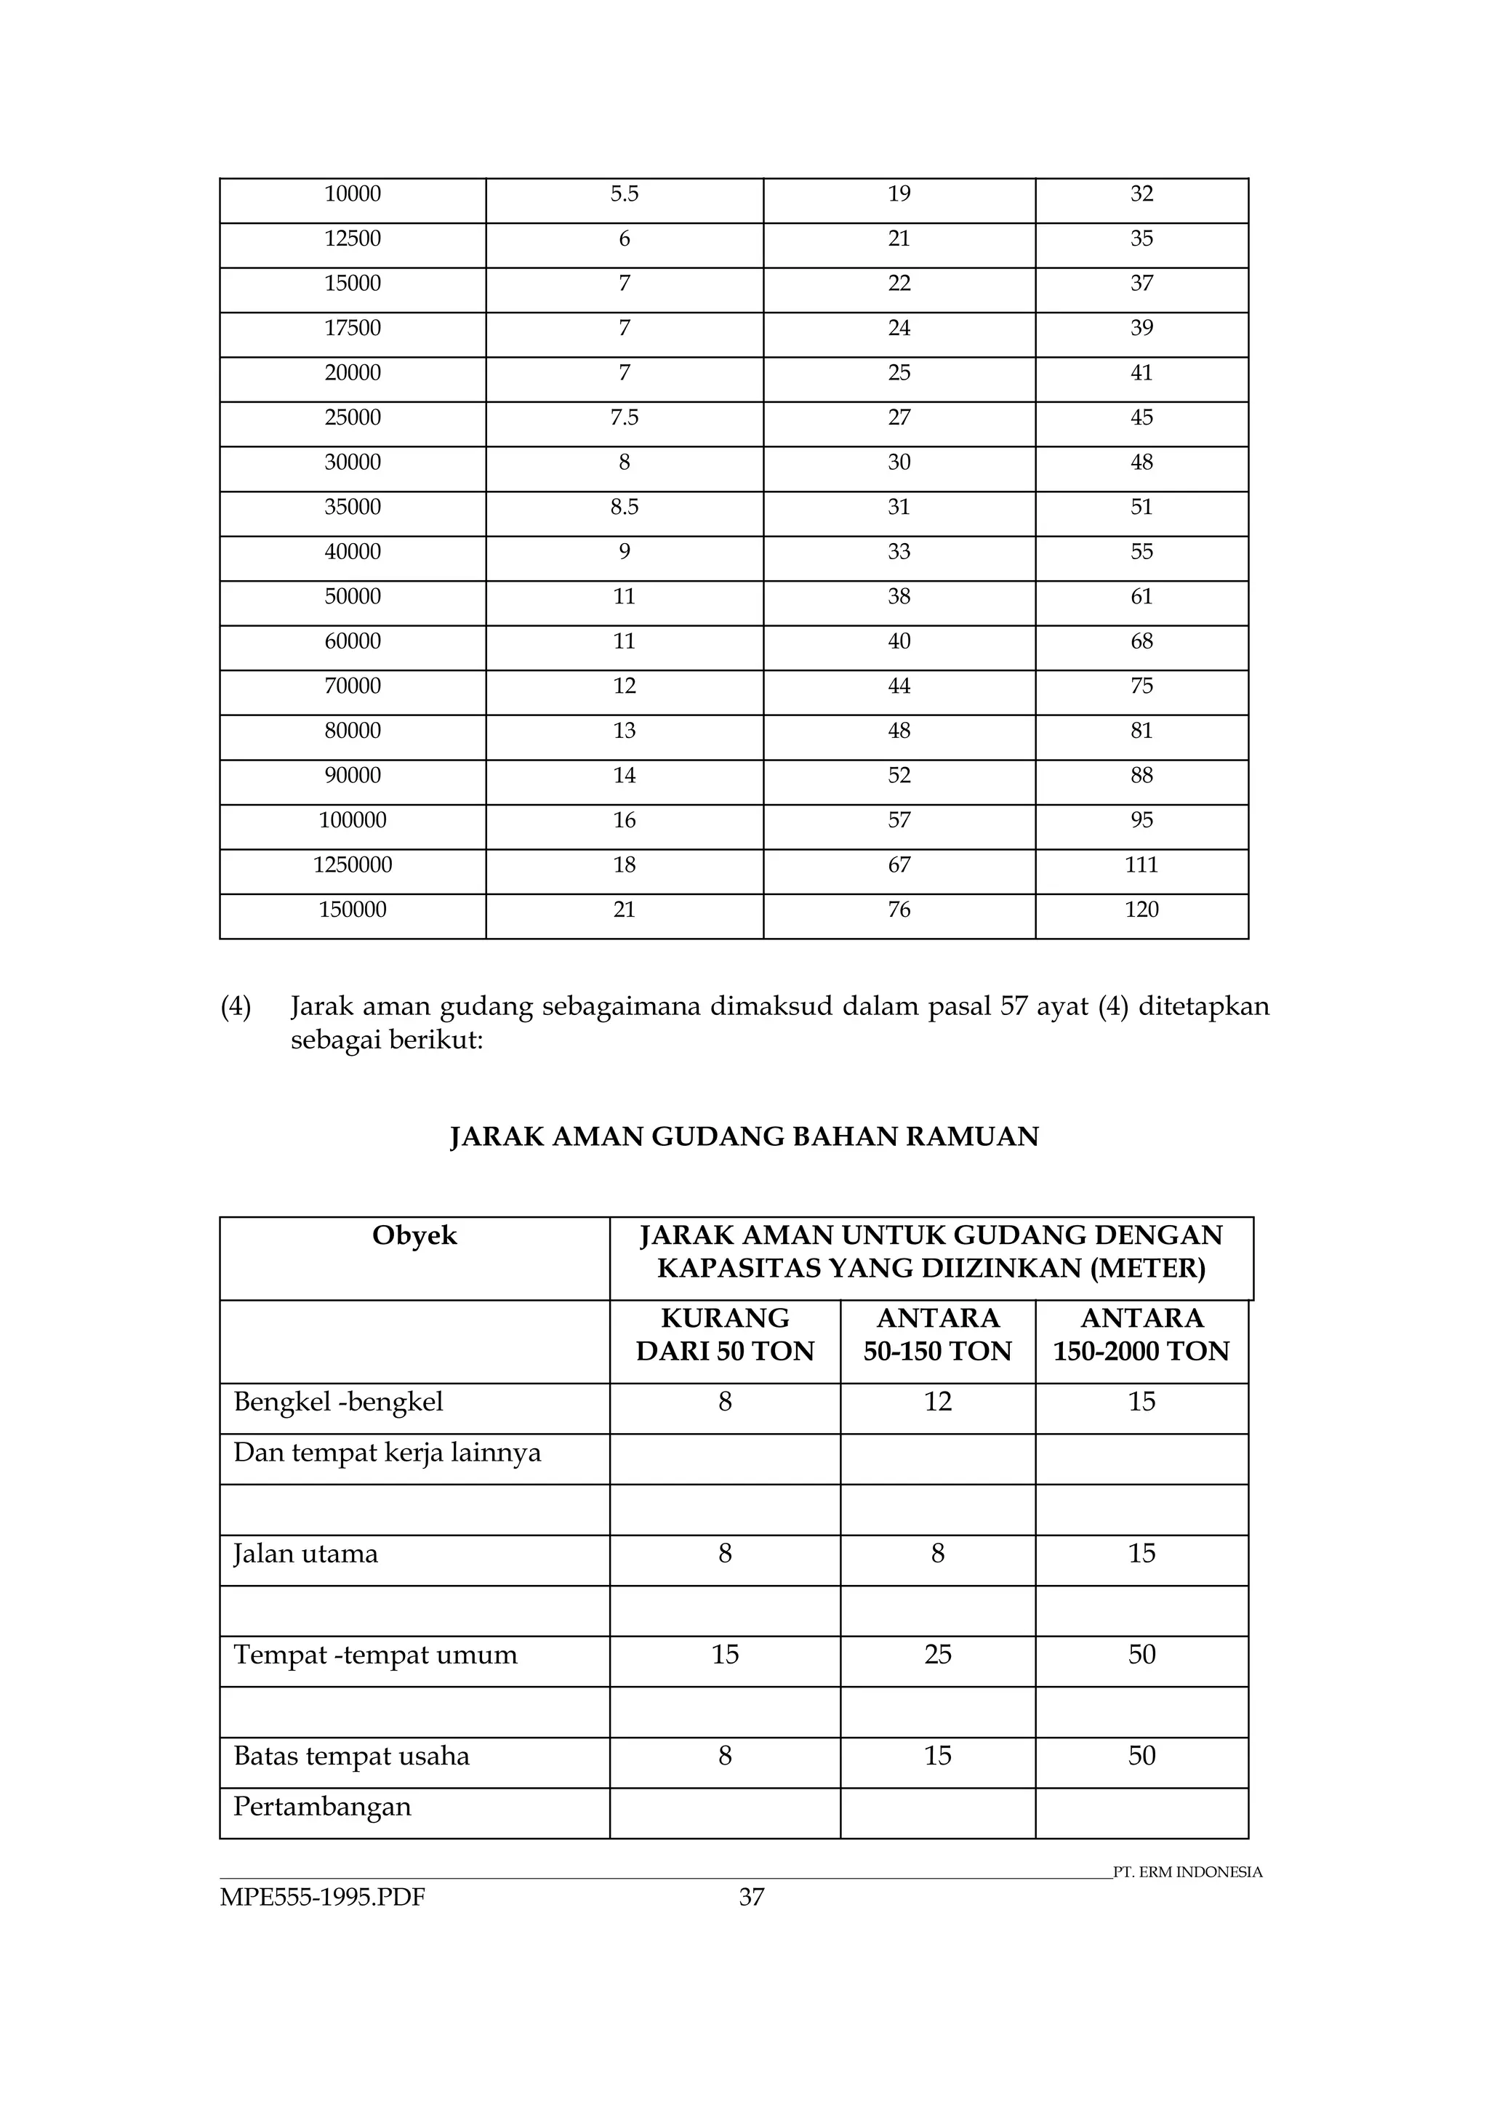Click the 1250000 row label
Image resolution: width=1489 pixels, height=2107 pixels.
click(x=353, y=864)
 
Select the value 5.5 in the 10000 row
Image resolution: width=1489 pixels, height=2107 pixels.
click(x=624, y=193)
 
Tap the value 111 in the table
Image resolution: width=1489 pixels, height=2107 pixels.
click(x=1141, y=864)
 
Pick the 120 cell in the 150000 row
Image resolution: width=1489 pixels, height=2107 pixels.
click(x=1141, y=910)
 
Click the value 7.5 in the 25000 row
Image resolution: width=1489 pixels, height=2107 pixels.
click(x=624, y=417)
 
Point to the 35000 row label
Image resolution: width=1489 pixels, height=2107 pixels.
click(x=353, y=507)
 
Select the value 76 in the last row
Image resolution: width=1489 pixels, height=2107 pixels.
click(x=899, y=910)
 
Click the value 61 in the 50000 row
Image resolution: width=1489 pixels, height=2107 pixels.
click(x=1141, y=596)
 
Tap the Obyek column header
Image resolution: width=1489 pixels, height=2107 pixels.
click(x=414, y=1235)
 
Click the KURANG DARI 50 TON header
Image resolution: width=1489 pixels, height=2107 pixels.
click(x=725, y=1334)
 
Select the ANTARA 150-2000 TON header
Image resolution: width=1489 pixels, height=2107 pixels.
click(x=1141, y=1334)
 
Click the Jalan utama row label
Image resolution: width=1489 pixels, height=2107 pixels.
click(x=305, y=1554)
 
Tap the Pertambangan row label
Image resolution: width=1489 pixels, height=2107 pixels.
click(x=322, y=1806)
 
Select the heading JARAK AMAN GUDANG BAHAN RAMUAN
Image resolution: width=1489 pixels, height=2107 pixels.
click(x=744, y=1136)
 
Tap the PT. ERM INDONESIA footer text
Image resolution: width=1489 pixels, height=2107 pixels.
click(x=1187, y=1872)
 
